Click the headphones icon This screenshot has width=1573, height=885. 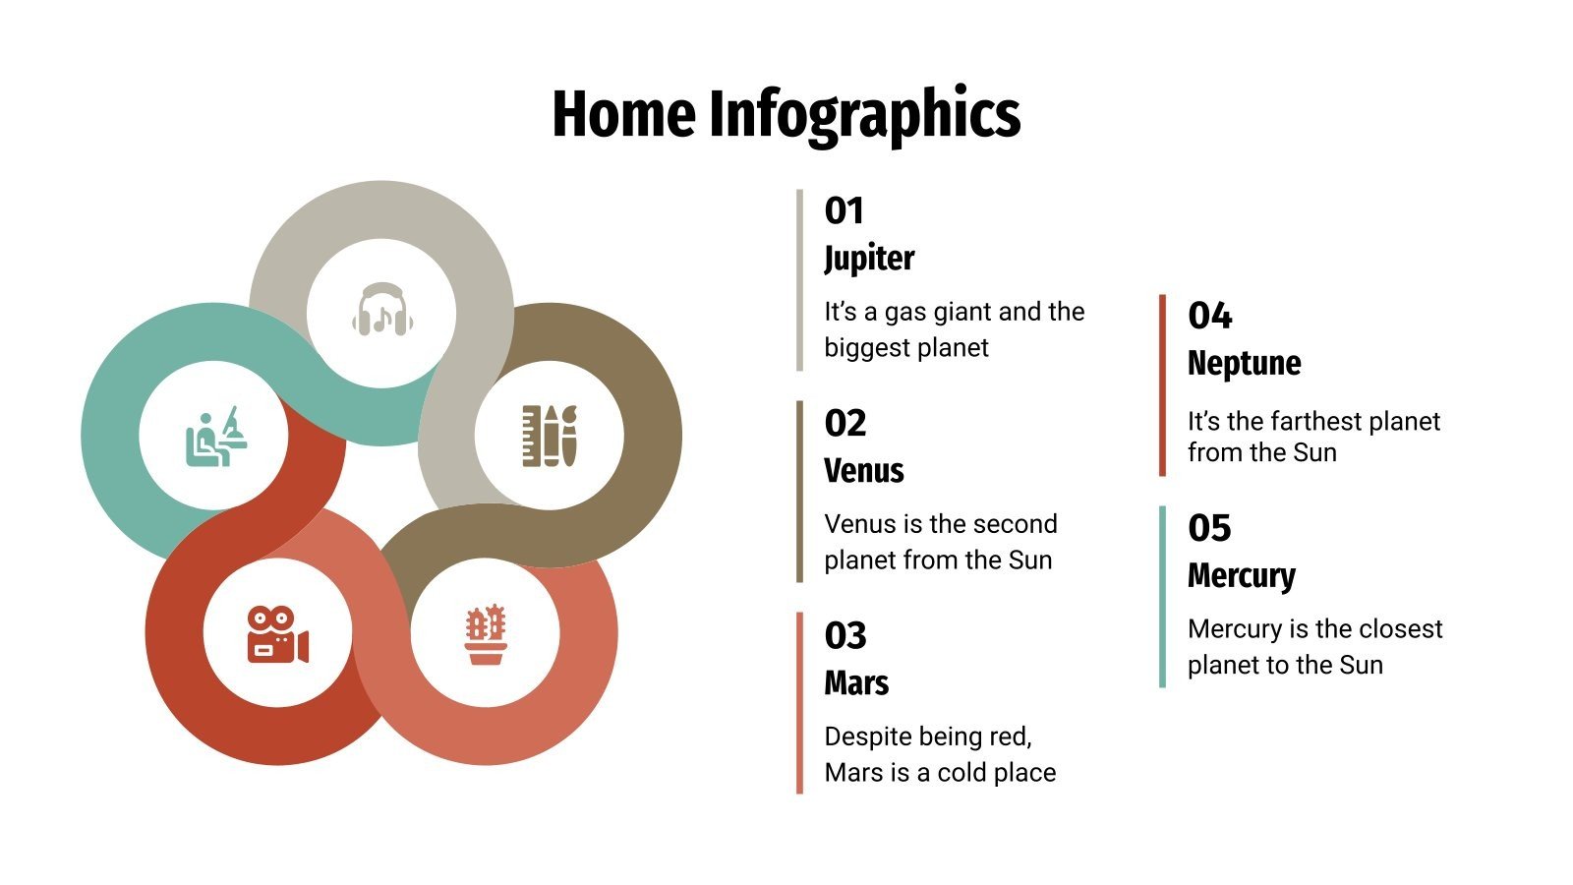pos(381,310)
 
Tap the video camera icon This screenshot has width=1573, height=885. pos(277,634)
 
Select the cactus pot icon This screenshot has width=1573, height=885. pos(485,634)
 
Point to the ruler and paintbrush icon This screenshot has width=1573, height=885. pos(549,435)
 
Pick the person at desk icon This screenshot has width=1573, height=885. pos(215,437)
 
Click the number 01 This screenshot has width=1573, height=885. pos(844,210)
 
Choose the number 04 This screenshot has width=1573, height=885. pos(1209,316)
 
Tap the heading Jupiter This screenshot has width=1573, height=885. pos(869,259)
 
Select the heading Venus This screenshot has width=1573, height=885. pos(863,471)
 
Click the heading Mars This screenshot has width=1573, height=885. pos(856,683)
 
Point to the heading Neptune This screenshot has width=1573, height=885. pos(1244,364)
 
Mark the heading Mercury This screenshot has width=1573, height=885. pos(1241,576)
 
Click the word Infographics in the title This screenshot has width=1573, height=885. pos(864,115)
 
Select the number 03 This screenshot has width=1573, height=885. pos(845,636)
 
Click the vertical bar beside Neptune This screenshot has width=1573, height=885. pos(1162,384)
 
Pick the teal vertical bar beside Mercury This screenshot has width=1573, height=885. pos(1162,596)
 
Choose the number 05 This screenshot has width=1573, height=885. pos(1209,528)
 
